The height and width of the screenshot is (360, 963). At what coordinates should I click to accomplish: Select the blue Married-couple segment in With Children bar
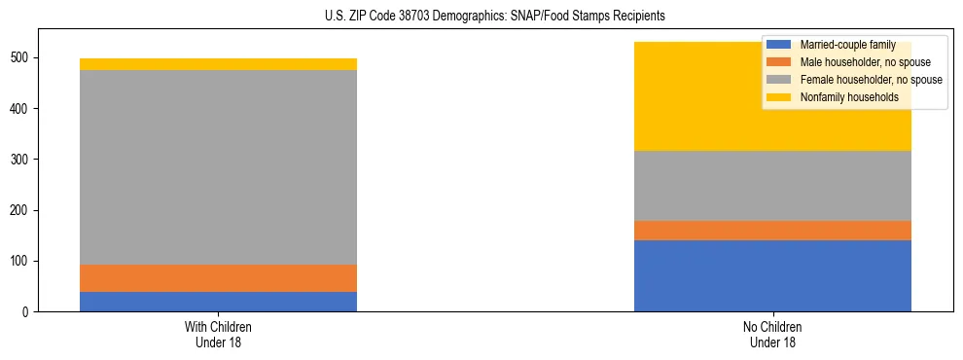coord(218,302)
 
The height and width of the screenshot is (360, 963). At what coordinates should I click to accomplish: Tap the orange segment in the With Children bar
coord(218,278)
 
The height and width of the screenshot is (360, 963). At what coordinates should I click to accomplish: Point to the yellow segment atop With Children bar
coord(218,64)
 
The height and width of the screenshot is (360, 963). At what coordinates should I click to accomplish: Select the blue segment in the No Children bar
coord(772,275)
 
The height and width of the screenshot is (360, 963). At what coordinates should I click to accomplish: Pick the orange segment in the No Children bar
coord(772,231)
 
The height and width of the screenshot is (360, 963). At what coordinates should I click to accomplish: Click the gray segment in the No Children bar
coord(772,186)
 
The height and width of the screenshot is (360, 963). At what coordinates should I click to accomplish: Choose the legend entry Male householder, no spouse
coord(850,62)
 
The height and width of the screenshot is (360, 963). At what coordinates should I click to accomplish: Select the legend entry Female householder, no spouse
coord(855,80)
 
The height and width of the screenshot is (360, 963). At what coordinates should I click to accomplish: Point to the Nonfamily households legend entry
coord(841,97)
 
